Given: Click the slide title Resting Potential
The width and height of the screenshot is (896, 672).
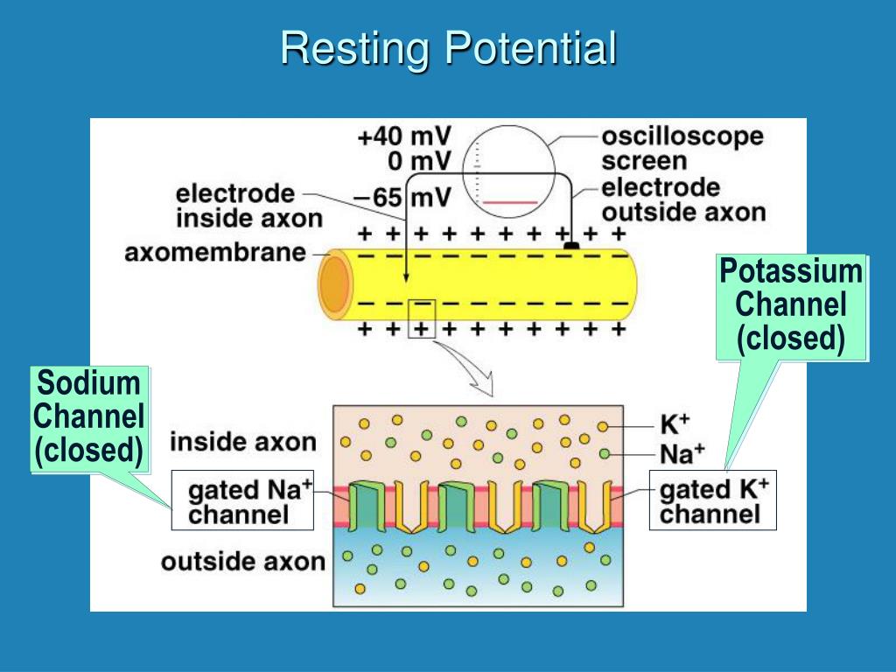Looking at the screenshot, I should click(x=448, y=48).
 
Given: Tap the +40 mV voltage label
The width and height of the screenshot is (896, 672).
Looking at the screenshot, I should click(x=404, y=137).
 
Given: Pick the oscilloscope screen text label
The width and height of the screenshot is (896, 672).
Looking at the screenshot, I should click(x=682, y=149).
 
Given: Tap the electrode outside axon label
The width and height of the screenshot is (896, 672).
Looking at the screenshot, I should click(x=683, y=199).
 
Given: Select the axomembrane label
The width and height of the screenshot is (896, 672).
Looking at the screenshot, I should click(x=215, y=253).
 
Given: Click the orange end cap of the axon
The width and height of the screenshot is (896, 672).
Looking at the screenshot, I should click(x=333, y=284).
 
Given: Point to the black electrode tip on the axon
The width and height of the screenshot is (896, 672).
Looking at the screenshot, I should click(x=570, y=247).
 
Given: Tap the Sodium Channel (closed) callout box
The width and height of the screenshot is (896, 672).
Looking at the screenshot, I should click(x=88, y=419).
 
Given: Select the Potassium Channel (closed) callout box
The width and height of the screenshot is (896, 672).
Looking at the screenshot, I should click(x=790, y=307).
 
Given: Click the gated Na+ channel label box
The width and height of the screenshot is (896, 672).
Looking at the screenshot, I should click(x=242, y=500).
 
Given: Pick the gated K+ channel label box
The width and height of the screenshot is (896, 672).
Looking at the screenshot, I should click(x=712, y=500).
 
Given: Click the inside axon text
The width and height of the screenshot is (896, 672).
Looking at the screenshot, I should click(x=242, y=442).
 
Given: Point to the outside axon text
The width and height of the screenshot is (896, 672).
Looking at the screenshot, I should click(x=242, y=561).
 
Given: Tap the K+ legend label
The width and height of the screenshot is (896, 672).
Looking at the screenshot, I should click(x=675, y=425).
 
